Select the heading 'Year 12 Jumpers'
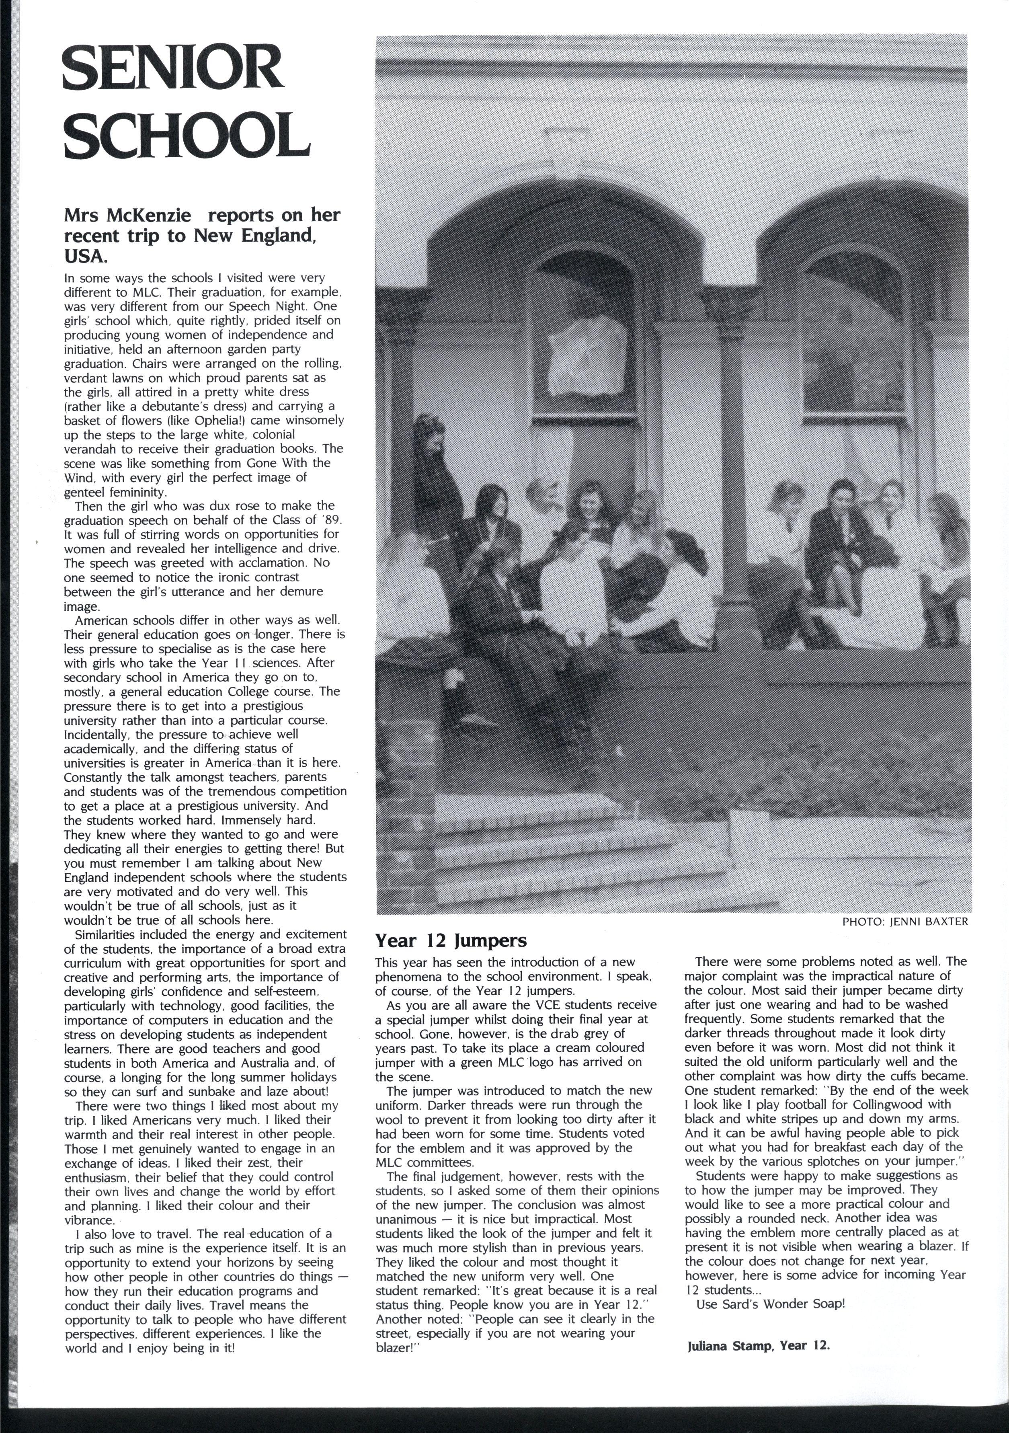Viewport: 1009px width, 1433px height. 451,940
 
